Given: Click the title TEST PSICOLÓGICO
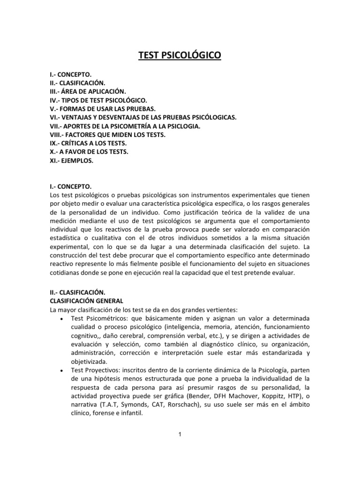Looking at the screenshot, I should [x=180, y=57].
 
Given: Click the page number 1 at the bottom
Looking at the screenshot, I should [x=180, y=434].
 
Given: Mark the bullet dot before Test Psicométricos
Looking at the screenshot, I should [x=62, y=318].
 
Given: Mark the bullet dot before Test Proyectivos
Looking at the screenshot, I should [x=62, y=370].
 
